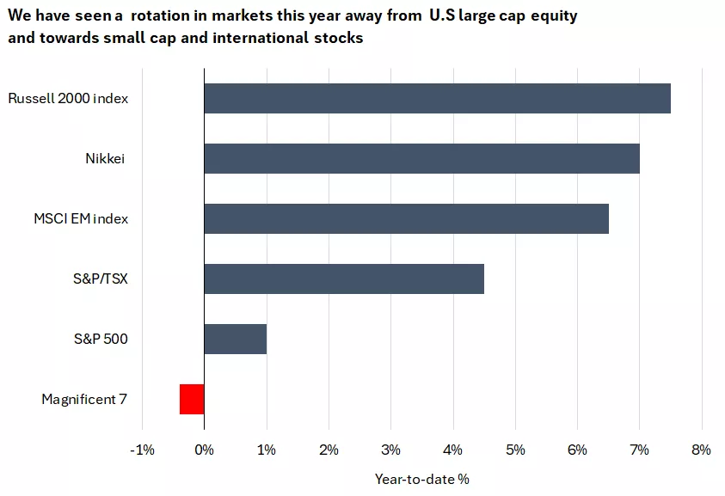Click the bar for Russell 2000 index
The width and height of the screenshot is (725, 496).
pos(437,98)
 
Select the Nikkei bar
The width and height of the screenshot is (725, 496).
pos(421,158)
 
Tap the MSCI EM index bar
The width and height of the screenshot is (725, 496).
pos(406,218)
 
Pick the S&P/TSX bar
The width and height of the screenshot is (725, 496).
pos(344,279)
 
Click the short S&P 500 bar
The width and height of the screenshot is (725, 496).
pos(235,339)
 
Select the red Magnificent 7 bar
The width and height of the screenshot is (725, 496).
pos(192,399)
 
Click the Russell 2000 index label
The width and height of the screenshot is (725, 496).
pos(68,98)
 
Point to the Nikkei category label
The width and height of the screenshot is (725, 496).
pos(106,158)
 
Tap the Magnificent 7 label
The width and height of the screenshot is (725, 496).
pos(84,399)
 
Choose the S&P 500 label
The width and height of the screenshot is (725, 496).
pos(101,339)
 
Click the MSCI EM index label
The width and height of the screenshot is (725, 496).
pos(81,218)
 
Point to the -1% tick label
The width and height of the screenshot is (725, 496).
pos(142,450)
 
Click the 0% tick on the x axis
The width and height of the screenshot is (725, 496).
pos(204,450)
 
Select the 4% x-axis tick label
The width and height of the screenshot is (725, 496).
pos(453,450)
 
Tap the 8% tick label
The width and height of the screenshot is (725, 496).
pos(701,450)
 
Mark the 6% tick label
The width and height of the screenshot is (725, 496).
pos(577,450)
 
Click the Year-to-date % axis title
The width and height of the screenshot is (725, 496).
pos(421,478)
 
